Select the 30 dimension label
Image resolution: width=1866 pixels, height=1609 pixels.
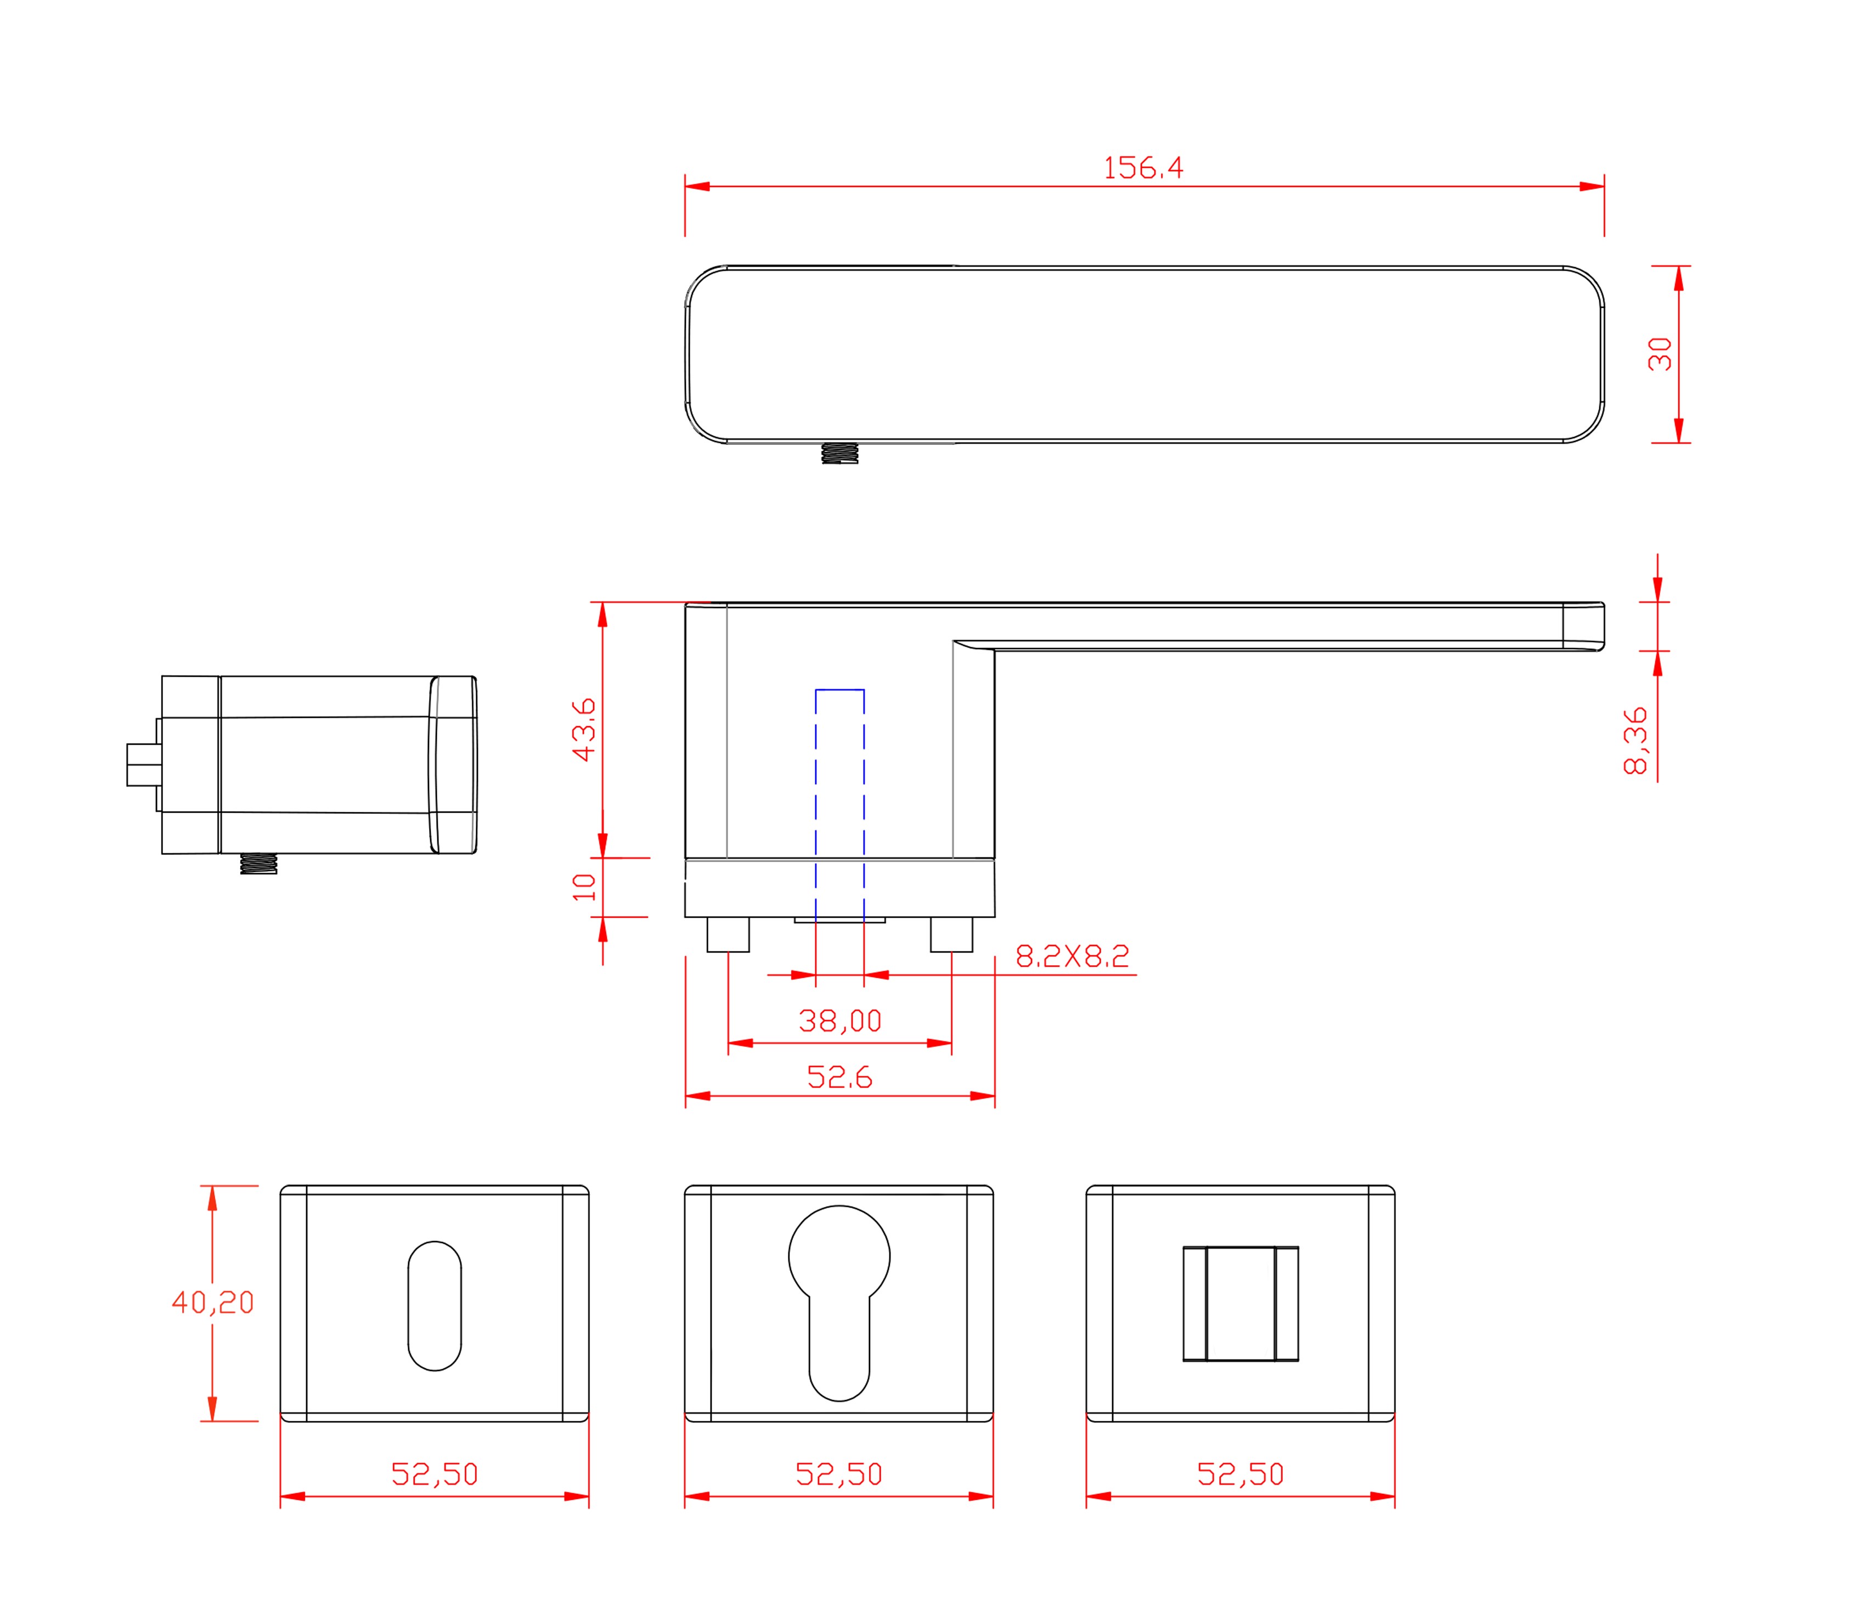point(1660,354)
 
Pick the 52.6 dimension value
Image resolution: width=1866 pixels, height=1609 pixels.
point(839,1077)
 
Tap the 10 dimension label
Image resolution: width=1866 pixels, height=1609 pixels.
point(584,887)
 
